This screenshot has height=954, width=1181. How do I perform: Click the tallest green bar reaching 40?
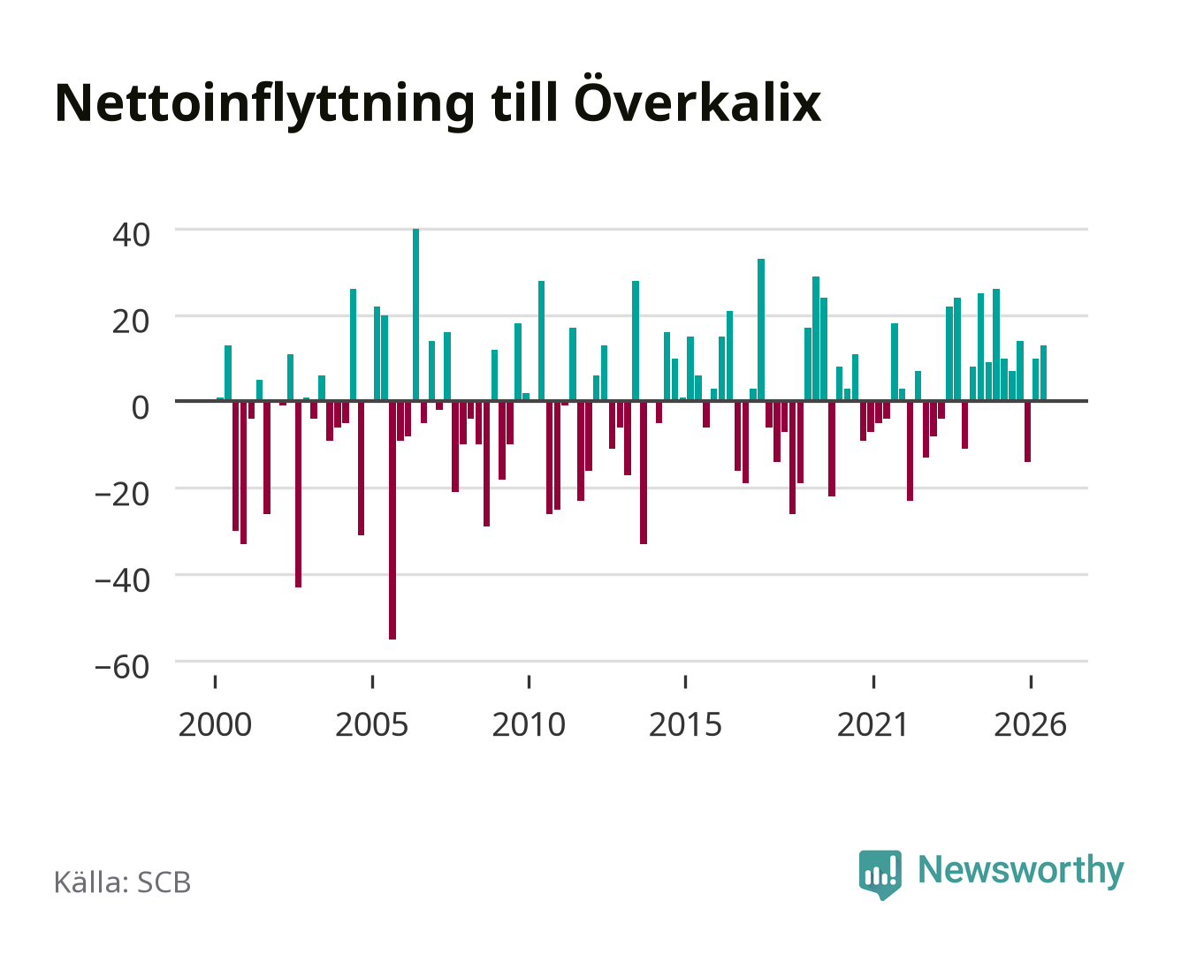(415, 314)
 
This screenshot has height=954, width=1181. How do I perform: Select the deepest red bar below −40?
(392, 520)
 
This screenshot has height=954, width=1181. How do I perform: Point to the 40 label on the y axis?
(132, 235)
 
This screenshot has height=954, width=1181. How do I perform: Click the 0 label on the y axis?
(141, 407)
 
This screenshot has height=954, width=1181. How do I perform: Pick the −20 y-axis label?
(122, 494)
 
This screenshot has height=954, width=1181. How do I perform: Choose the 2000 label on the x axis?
(215, 724)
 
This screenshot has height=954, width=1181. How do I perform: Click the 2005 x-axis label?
(372, 724)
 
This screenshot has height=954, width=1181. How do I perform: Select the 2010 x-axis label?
(529, 724)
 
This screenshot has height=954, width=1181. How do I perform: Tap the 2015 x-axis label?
(685, 724)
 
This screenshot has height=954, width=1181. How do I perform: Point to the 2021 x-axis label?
(873, 724)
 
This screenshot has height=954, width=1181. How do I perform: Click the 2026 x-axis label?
(1030, 724)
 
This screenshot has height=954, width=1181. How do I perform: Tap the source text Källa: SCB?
(123, 882)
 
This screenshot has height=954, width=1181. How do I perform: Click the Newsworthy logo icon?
(880, 874)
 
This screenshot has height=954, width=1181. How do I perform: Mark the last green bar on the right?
(1043, 373)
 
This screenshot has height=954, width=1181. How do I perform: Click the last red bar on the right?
(1027, 432)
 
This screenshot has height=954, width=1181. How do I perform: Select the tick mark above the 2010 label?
(529, 682)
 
